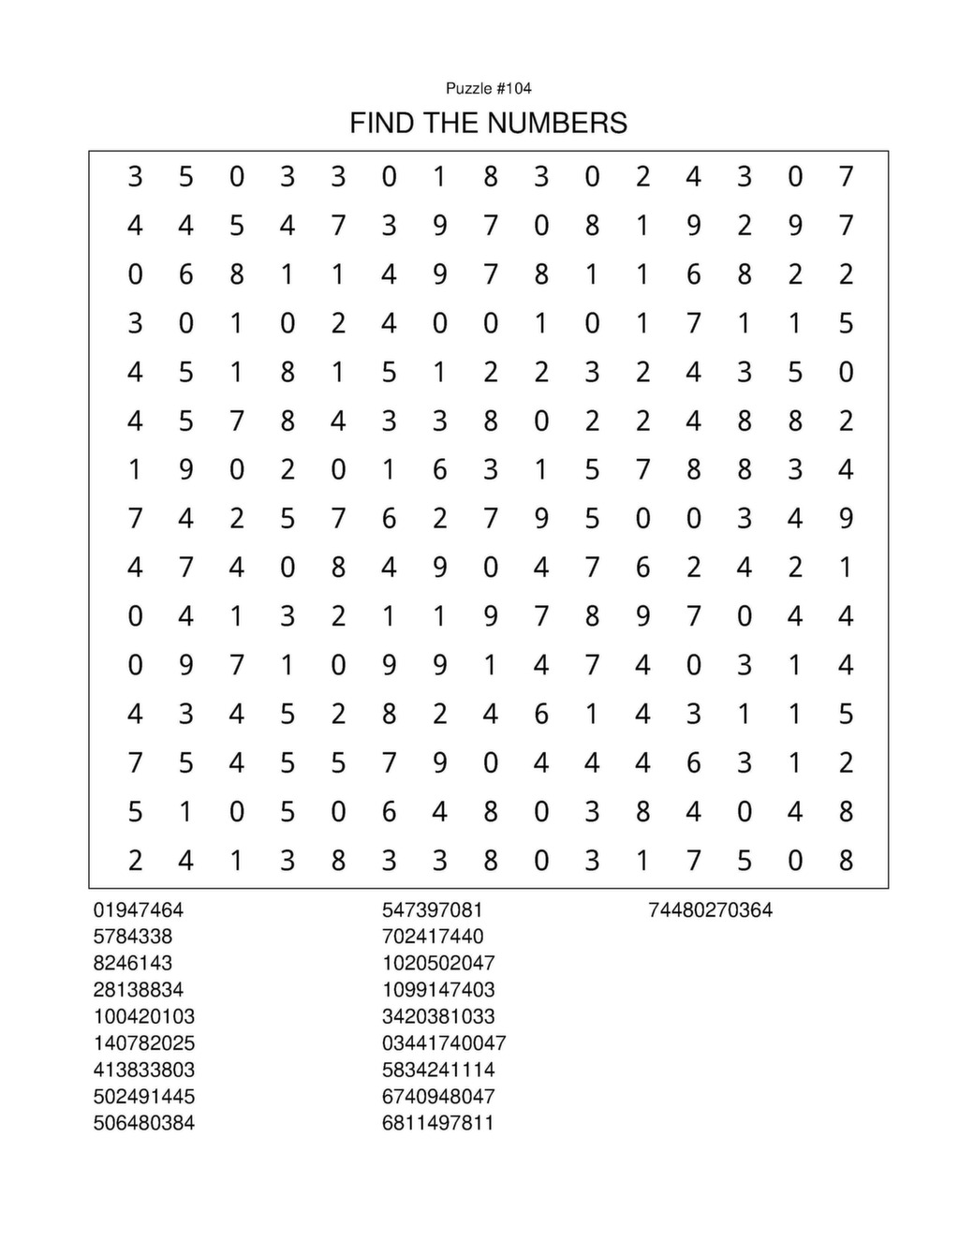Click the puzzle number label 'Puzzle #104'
click(488, 89)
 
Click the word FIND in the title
click(383, 123)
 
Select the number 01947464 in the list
click(138, 909)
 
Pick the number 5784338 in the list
click(132, 936)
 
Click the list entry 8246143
click(132, 963)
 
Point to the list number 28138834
click(138, 989)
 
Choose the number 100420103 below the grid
click(143, 1016)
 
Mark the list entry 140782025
click(143, 1042)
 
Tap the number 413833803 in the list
click(143, 1070)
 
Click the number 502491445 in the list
click(143, 1096)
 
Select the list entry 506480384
click(143, 1123)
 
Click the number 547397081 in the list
click(432, 909)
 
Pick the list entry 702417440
click(432, 936)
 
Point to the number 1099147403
click(437, 989)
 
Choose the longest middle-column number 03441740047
click(443, 1042)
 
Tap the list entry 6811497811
click(437, 1123)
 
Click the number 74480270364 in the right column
click(710, 909)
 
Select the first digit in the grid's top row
click(135, 176)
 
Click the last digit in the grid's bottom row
click(846, 860)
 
